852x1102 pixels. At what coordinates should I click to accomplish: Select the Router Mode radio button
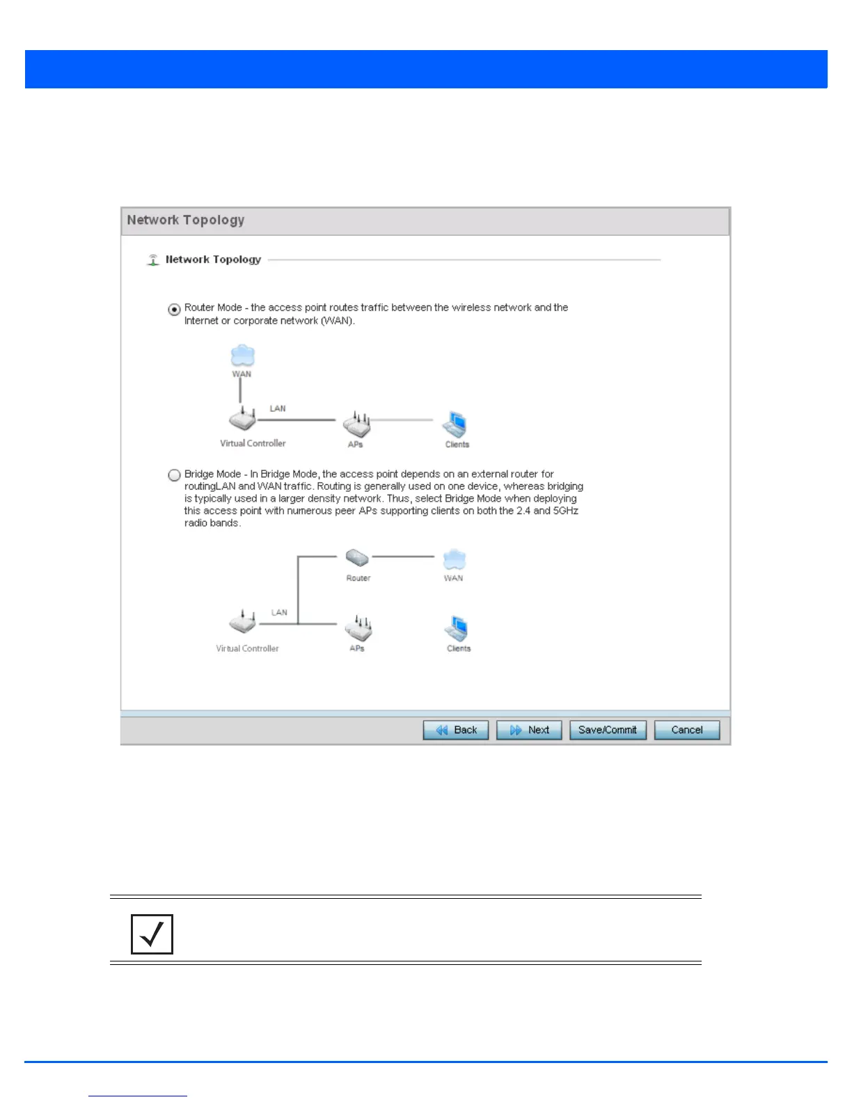(175, 310)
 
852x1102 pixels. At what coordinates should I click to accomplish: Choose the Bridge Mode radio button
(175, 475)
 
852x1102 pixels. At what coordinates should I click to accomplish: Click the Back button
(456, 730)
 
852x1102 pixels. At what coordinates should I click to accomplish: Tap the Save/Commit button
(608, 730)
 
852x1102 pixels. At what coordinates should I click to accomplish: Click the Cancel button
(686, 730)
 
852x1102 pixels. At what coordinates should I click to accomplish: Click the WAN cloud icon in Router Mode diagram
(242, 356)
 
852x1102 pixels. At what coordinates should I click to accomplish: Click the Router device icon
(357, 558)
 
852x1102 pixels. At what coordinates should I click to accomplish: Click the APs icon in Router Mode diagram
(357, 423)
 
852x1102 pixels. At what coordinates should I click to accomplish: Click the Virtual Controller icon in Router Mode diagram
(242, 420)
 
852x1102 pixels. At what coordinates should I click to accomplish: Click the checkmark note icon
(152, 934)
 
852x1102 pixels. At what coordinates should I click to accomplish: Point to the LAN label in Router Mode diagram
(278, 408)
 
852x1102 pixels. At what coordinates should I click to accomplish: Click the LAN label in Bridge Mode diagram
(279, 612)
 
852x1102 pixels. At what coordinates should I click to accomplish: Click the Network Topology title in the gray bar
(186, 220)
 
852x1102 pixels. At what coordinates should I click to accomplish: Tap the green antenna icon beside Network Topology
(153, 260)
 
